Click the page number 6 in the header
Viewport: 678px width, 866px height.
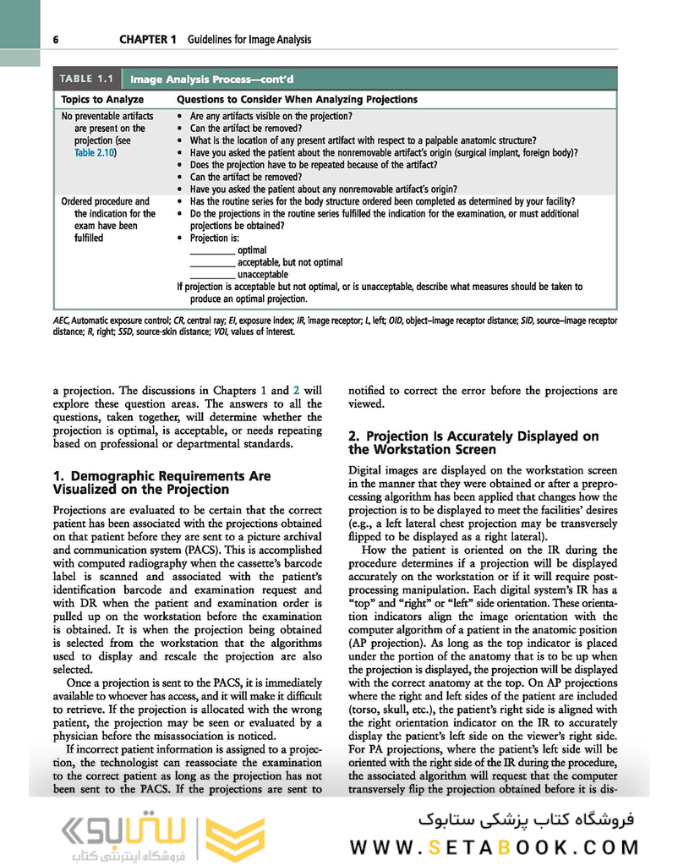(55, 40)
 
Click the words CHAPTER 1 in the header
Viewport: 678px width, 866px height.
(147, 40)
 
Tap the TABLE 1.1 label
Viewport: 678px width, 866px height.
(85, 79)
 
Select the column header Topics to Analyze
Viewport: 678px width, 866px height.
(96, 99)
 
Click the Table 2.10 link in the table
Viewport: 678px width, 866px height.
(93, 153)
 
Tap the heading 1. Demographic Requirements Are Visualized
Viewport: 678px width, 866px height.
(161, 482)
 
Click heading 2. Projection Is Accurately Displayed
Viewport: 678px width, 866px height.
(473, 442)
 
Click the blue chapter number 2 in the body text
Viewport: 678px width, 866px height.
(296, 391)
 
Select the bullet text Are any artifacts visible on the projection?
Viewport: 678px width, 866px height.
(271, 116)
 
